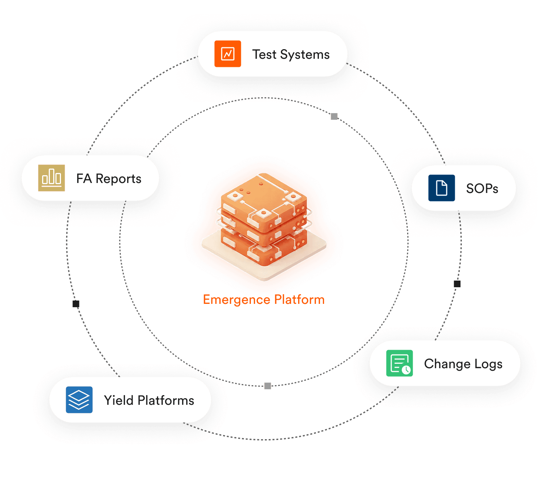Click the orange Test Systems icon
click(x=228, y=54)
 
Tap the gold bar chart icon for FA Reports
click(x=51, y=178)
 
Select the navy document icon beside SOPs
click(x=442, y=188)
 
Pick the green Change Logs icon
click(x=399, y=363)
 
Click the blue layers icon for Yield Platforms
click(x=79, y=400)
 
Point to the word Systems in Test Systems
click(x=305, y=55)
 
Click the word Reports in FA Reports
click(x=118, y=179)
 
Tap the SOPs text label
click(x=482, y=189)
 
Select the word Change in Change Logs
click(x=447, y=364)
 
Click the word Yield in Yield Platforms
click(x=119, y=400)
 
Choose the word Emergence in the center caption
click(x=236, y=300)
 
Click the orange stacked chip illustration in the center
click(x=264, y=222)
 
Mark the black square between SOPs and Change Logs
click(x=457, y=284)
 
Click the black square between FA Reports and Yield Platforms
click(x=76, y=304)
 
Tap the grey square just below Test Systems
click(x=334, y=116)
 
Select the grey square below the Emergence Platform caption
click(x=268, y=386)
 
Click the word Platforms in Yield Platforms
click(x=166, y=400)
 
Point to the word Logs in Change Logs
click(x=488, y=364)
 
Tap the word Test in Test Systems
click(x=264, y=54)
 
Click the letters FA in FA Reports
click(x=84, y=179)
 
